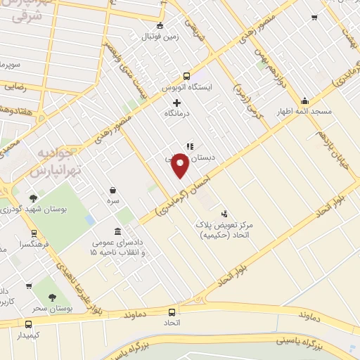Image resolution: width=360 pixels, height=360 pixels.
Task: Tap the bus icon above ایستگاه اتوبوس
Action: coord(186,77)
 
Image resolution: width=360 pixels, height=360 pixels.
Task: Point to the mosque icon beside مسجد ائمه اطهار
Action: coord(304,101)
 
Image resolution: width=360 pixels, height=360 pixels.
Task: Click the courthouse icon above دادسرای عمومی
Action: coord(117,232)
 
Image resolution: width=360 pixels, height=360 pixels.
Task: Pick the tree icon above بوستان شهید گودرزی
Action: coord(33,199)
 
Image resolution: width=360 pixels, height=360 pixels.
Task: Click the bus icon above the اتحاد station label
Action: coord(172,311)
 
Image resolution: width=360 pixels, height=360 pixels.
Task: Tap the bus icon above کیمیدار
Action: coord(29,325)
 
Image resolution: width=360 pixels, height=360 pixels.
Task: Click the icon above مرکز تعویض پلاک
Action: coord(224,214)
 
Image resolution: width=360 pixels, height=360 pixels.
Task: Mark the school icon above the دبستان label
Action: coord(189,146)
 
